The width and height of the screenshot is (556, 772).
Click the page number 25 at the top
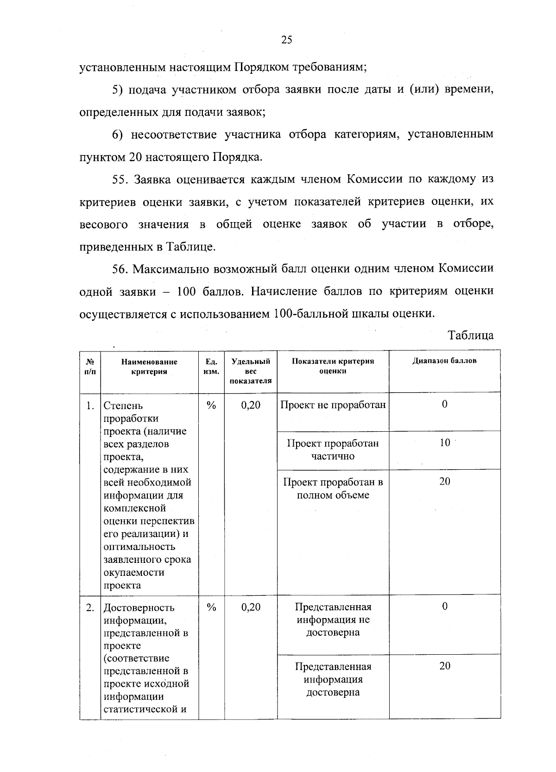click(287, 40)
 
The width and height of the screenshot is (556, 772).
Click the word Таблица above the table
click(471, 335)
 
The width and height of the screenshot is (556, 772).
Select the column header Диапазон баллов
click(444, 361)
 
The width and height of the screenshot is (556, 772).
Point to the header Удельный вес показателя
click(251, 371)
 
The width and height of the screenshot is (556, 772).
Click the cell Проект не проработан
click(333, 405)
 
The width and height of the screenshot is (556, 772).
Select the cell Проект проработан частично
click(333, 449)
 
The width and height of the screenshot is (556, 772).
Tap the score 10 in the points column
click(444, 443)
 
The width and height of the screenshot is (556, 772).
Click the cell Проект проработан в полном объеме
click(333, 488)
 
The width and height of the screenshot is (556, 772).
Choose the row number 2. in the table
click(90, 607)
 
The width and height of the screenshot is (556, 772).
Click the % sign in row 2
click(211, 607)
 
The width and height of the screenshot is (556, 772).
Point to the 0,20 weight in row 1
click(251, 405)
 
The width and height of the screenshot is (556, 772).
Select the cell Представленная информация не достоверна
click(333, 619)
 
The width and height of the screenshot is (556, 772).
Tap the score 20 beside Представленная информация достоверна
click(444, 666)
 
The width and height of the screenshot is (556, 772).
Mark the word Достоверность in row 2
click(139, 607)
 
